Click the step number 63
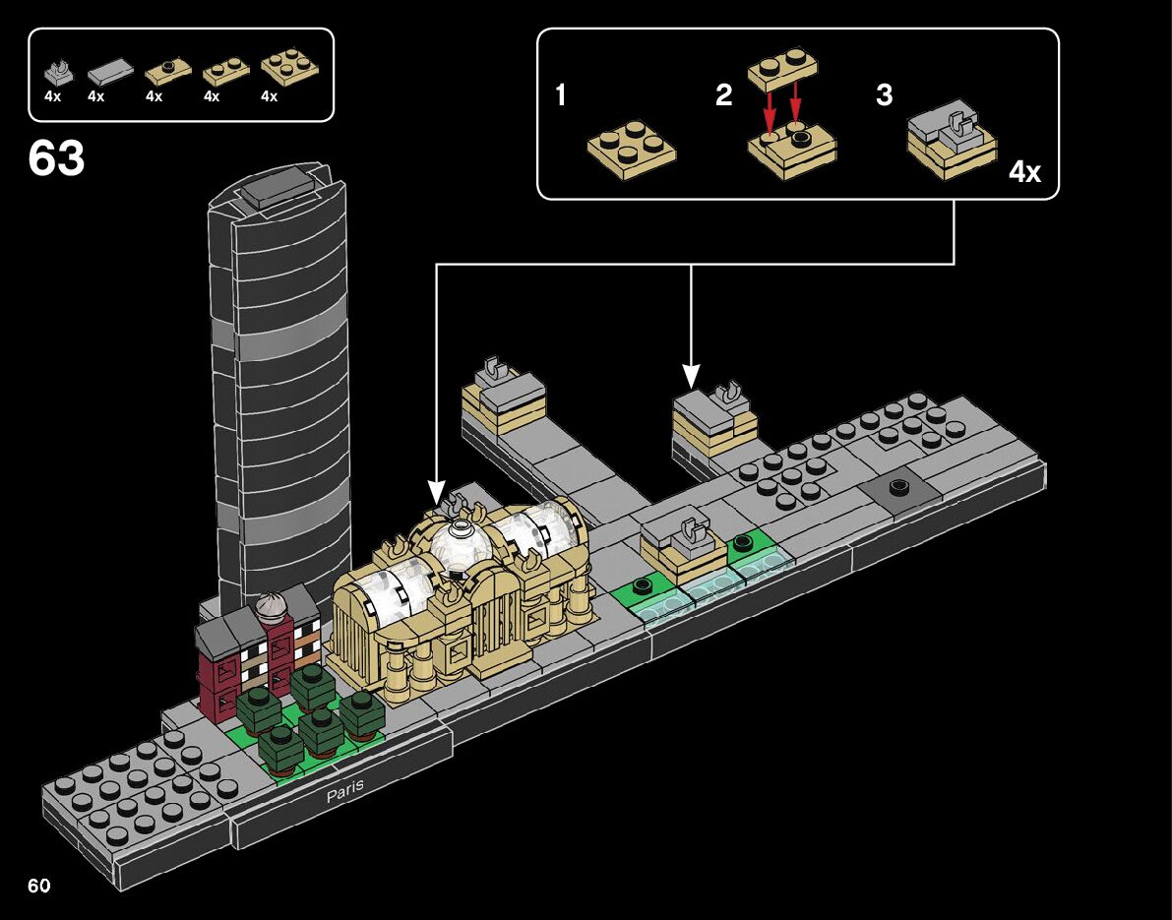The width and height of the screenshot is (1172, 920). point(56,158)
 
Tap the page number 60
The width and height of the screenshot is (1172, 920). point(39,886)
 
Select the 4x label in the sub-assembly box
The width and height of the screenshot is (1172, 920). point(1024,172)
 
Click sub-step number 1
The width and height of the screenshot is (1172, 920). point(561,95)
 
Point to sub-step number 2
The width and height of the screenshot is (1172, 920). point(724,95)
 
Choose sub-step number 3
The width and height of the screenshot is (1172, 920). point(884,95)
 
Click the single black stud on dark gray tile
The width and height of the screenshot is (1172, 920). point(897,487)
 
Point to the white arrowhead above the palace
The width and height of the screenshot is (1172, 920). point(436,491)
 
